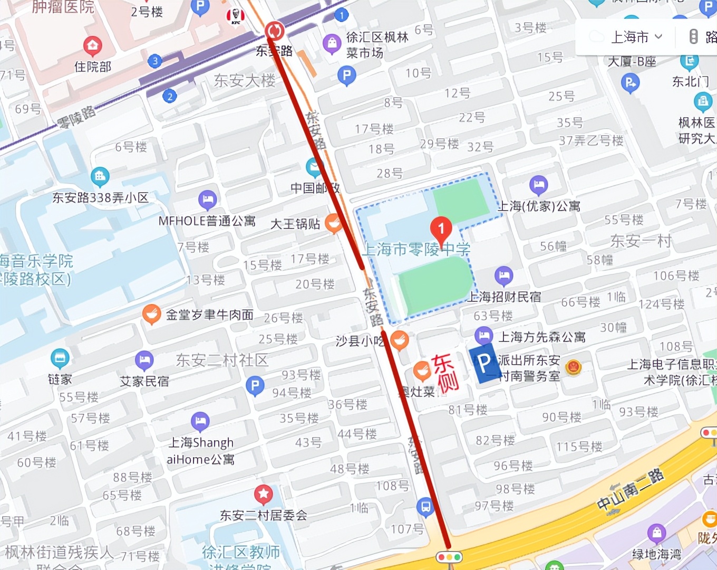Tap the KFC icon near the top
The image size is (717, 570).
235,16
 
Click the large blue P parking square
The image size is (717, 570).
483,363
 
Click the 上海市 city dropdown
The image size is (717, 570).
636,37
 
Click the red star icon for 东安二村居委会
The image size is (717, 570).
263,495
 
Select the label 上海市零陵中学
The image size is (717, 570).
416,249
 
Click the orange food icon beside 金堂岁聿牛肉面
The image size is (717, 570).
151,314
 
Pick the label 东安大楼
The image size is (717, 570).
244,80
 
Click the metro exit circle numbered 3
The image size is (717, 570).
154,61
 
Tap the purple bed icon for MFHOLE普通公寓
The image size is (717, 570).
207,199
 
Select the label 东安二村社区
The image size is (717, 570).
222,360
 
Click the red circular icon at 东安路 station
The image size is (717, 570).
274,31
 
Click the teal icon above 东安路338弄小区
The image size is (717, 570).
100,176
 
